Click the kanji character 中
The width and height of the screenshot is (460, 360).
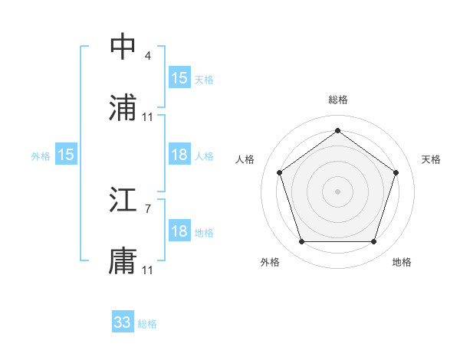pyautogui.click(x=123, y=47)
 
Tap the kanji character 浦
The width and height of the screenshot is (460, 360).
pyautogui.click(x=123, y=109)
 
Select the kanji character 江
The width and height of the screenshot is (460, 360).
pyautogui.click(x=123, y=201)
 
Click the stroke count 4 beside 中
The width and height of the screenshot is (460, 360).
pyautogui.click(x=148, y=55)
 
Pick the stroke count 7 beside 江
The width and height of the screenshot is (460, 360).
pyautogui.click(x=148, y=208)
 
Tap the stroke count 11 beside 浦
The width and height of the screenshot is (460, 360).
pyautogui.click(x=148, y=116)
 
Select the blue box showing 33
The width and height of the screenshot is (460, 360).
pyautogui.click(x=123, y=322)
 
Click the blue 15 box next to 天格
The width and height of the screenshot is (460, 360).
pyautogui.click(x=179, y=78)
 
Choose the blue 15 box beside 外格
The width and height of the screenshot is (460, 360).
pyautogui.click(x=66, y=155)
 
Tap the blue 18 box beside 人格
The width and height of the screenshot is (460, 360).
pyautogui.click(x=179, y=155)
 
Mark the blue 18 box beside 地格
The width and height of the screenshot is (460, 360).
pyautogui.click(x=179, y=231)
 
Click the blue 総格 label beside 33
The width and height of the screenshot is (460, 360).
pyautogui.click(x=148, y=324)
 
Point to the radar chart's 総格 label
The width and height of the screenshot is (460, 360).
pyautogui.click(x=338, y=100)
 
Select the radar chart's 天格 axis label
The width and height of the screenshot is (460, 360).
pyautogui.click(x=432, y=159)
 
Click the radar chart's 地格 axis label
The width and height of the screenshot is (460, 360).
pyautogui.click(x=402, y=262)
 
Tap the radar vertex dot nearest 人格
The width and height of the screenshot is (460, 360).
pyautogui.click(x=279, y=172)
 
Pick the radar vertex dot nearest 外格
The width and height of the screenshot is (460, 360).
pyautogui.click(x=301, y=242)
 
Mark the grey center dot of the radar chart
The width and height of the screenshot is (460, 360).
pyautogui.click(x=338, y=191)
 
